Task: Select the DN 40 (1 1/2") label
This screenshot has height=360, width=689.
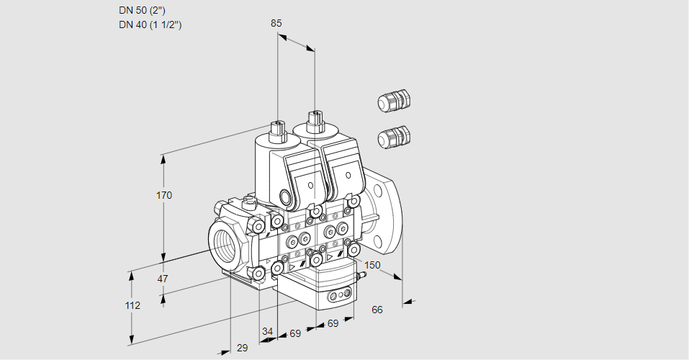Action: point(150,25)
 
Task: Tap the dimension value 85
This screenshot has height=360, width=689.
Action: point(276,23)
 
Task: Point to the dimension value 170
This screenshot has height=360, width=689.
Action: point(165,195)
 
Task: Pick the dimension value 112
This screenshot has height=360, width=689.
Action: point(132,305)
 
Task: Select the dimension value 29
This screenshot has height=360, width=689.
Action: point(242,348)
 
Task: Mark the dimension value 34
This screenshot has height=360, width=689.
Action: point(267,332)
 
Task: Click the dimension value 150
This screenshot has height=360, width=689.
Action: point(371,266)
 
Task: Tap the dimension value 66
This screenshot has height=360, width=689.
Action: point(377,310)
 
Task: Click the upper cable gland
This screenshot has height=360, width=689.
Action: point(393,101)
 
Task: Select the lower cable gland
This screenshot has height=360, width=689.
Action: point(393,136)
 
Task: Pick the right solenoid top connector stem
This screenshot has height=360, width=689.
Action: point(314,120)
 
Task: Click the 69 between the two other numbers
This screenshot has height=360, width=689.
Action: point(294,334)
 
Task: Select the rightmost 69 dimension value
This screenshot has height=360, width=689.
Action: point(333,324)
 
